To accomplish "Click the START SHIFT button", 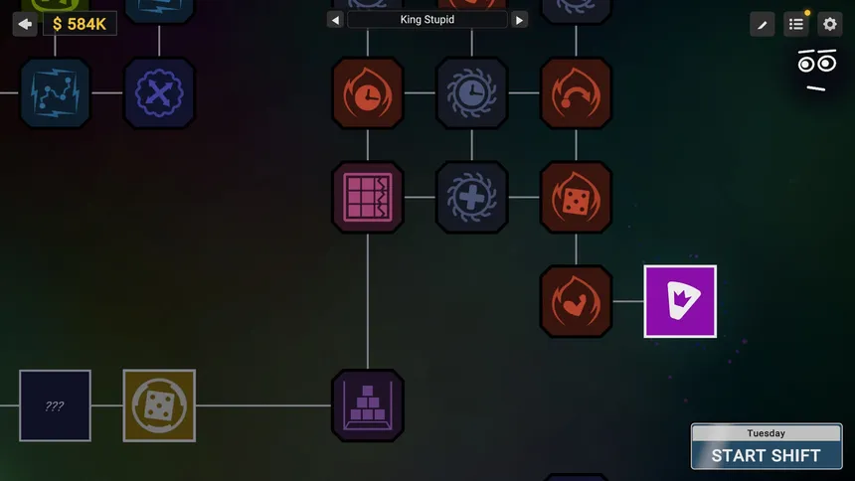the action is pos(767,446).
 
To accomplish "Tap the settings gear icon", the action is pos(829,24).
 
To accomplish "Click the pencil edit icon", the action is pos(763,24).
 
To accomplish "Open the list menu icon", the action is pos(796,24).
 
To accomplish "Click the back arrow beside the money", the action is pos(25,24).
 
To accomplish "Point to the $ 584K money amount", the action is pos(80,24).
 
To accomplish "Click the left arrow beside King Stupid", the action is pos(335,20).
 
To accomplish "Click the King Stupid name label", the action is pos(427,20).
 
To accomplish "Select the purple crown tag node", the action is pos(680,301).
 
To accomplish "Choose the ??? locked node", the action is pos(55,405).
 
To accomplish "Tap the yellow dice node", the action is pos(159,405).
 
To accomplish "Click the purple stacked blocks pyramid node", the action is pos(368,405).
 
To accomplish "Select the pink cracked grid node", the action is pos(368,198).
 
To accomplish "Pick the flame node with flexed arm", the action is pos(576,301).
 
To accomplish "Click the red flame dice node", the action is pos(576,198).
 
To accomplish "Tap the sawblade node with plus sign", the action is pos(471,198).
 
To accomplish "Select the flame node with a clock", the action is pos(368,93).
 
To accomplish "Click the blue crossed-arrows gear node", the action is pos(159,93).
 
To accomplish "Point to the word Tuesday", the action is pos(767,433).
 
